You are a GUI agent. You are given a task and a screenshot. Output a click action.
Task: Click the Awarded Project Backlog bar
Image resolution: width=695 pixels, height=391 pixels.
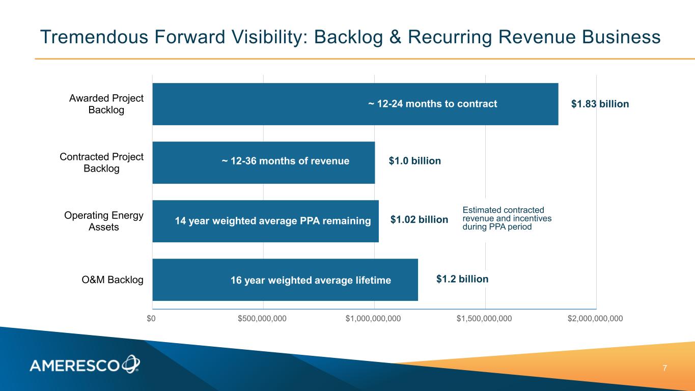tap(355, 104)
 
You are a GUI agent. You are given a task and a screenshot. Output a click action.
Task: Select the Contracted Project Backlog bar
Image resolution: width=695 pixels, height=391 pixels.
tap(263, 162)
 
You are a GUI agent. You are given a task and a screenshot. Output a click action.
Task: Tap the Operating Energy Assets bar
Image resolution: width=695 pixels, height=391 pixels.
tap(265, 221)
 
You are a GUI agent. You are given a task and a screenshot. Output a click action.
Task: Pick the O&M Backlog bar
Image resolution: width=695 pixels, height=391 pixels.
tap(285, 280)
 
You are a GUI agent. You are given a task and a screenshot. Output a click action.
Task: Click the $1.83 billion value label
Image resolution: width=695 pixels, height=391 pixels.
tap(600, 104)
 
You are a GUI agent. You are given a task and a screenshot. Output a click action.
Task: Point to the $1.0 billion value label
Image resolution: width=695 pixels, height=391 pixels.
tap(415, 161)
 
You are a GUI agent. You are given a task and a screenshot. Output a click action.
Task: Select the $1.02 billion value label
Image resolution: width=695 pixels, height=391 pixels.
tap(419, 219)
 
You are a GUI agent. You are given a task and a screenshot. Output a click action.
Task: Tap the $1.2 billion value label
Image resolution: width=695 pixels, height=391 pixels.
tap(462, 279)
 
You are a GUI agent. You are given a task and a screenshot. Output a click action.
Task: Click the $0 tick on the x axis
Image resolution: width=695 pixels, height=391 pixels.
tap(151, 319)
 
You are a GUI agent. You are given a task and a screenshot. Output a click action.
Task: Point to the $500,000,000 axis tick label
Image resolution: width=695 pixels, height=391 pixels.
tap(262, 319)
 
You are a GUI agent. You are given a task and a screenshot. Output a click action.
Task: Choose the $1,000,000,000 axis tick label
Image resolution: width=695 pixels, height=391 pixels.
tap(373, 319)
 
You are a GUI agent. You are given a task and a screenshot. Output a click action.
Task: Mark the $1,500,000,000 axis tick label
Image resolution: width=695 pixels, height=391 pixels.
tap(484, 319)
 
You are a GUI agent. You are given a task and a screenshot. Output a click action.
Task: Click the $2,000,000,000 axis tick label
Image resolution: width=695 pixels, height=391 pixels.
tap(595, 319)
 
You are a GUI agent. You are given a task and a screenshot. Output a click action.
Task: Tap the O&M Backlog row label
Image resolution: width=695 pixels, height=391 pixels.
tap(113, 280)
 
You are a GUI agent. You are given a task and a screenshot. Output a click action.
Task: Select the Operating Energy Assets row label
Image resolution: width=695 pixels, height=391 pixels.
tap(104, 221)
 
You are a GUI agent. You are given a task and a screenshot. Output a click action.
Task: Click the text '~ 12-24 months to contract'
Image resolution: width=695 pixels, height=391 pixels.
tap(432, 104)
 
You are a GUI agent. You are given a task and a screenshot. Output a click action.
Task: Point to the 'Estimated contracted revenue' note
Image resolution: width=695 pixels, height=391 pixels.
tap(507, 218)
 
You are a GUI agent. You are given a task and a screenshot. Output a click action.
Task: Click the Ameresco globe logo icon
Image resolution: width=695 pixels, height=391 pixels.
tap(131, 364)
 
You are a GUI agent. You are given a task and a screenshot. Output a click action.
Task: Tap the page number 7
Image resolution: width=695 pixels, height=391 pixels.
tap(664, 368)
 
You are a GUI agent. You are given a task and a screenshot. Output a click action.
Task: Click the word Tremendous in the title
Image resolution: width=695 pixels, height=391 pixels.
tap(94, 37)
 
